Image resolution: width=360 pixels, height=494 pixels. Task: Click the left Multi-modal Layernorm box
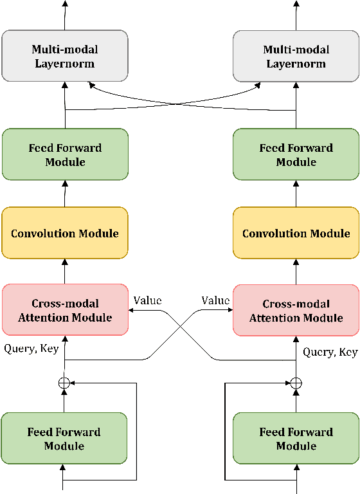coord(65,57)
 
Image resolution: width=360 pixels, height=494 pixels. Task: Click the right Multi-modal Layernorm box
coord(296,57)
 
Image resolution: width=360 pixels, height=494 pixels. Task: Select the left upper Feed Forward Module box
coord(65,154)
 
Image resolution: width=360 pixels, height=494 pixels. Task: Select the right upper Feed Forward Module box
coord(296,154)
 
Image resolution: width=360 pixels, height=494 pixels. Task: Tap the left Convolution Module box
coord(65,233)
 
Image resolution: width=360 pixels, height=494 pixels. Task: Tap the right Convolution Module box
coord(296,233)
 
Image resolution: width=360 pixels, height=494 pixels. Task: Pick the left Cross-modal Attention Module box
coord(65,310)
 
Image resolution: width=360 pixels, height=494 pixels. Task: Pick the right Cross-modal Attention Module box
coord(296,310)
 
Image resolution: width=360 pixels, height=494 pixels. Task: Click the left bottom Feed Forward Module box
coord(64,439)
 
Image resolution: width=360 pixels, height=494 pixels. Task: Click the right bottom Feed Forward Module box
coord(296,439)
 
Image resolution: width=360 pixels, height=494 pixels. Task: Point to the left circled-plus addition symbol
coord(64,383)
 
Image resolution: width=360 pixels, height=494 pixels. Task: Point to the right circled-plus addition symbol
coord(296,383)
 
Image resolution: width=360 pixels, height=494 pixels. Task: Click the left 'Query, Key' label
coord(32,349)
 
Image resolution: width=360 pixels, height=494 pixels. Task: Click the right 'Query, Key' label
coord(330,352)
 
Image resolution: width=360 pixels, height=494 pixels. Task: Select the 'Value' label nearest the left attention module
coord(147,300)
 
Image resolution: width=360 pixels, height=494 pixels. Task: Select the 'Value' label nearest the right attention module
coord(215,300)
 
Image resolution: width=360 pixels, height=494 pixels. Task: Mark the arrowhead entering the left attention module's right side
coord(132,310)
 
